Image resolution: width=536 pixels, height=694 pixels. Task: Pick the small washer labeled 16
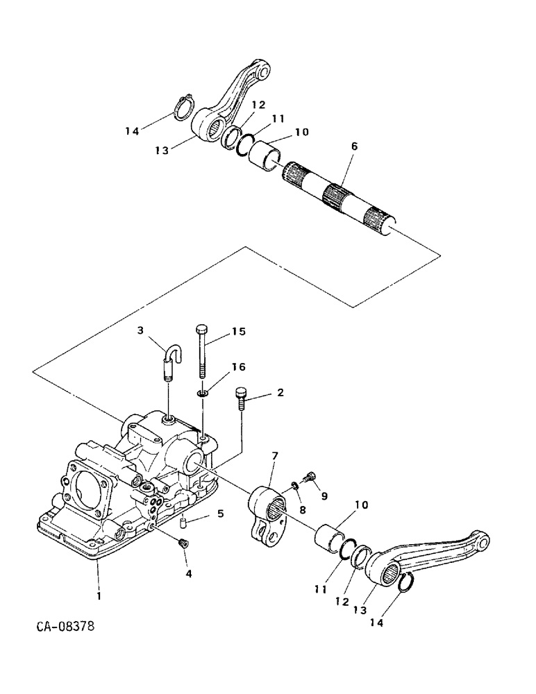(201, 393)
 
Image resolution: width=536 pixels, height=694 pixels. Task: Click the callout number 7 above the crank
(275, 455)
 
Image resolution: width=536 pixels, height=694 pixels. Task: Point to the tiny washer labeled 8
(294, 486)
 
